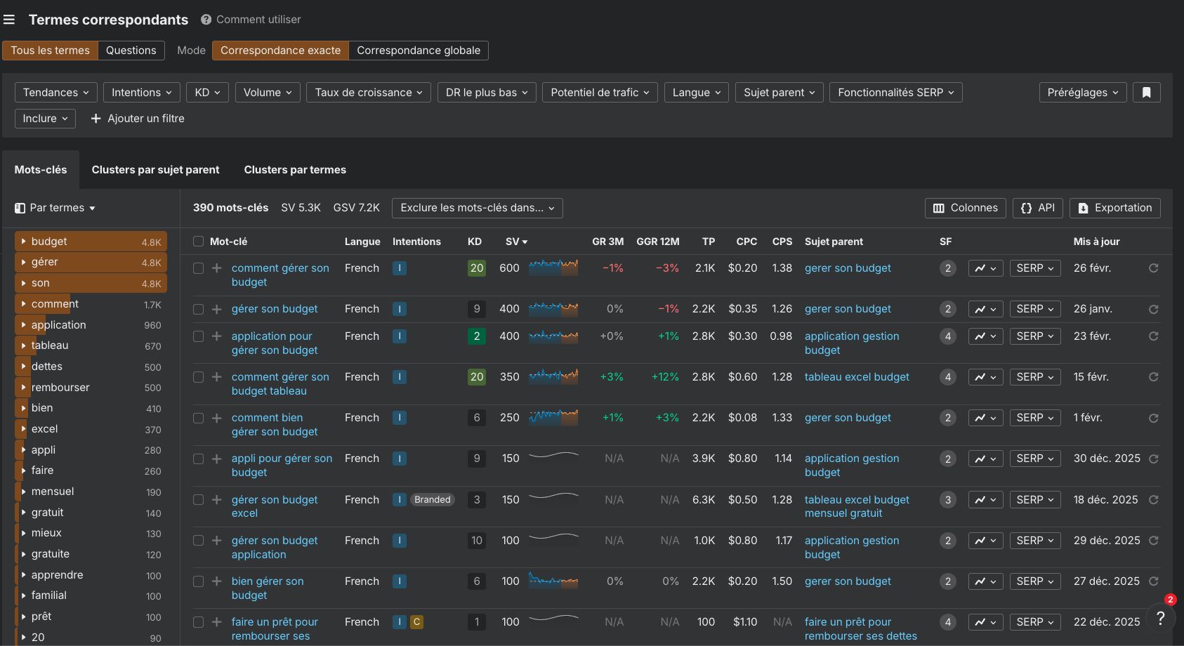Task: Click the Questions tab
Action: [x=131, y=51]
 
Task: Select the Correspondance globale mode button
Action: [x=418, y=51]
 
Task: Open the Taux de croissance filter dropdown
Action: [x=368, y=93]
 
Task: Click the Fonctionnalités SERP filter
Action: [x=895, y=93]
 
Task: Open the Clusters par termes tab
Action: [x=295, y=170]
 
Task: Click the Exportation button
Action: [x=1114, y=208]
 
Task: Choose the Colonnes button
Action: [x=965, y=208]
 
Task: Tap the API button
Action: [x=1037, y=208]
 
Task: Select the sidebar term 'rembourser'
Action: [x=60, y=388]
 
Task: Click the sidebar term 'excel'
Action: [x=45, y=429]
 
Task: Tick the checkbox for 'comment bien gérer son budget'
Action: [x=198, y=418]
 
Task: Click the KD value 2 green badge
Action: [x=477, y=336]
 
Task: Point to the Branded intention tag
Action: [x=432, y=500]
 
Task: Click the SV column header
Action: [x=515, y=242]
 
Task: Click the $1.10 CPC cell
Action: [x=744, y=622]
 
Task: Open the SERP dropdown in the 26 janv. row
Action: [x=1034, y=309]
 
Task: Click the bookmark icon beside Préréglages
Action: [x=1146, y=93]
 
